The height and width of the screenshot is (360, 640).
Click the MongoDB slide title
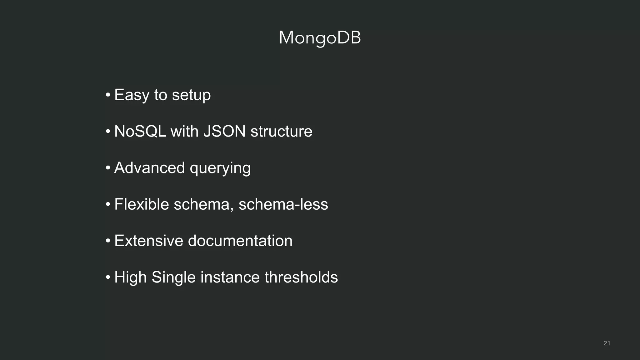pyautogui.click(x=320, y=38)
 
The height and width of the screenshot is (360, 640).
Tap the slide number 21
pyautogui.click(x=607, y=343)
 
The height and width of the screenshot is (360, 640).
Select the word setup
pyautogui.click(x=191, y=95)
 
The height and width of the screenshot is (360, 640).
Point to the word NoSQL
pyautogui.click(x=140, y=131)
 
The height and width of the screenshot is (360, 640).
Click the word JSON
pyautogui.click(x=224, y=131)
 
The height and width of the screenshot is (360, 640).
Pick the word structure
pyautogui.click(x=281, y=131)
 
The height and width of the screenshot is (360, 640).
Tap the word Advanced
pyautogui.click(x=149, y=168)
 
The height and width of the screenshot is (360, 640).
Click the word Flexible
pyautogui.click(x=142, y=204)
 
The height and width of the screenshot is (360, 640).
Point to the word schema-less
pyautogui.click(x=283, y=204)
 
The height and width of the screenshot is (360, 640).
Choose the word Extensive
pyautogui.click(x=148, y=241)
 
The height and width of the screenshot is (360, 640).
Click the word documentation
pyautogui.click(x=240, y=241)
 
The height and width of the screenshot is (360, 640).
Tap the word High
pyautogui.click(x=130, y=277)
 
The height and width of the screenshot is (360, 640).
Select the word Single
pyautogui.click(x=173, y=277)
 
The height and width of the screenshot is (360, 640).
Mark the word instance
pyautogui.click(x=230, y=277)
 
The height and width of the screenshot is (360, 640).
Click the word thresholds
pyautogui.click(x=301, y=277)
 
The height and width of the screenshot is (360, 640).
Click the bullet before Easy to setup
pyautogui.click(x=108, y=95)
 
